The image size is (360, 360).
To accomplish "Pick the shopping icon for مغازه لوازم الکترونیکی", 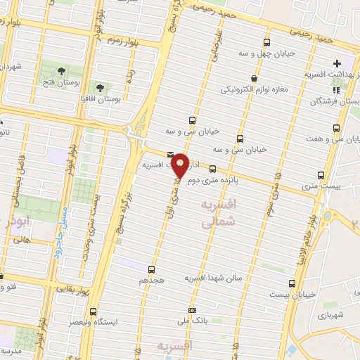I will [x=253, y=78].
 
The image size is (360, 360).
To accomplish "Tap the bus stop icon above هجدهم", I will [x=151, y=269].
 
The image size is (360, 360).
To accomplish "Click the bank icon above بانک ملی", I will [x=193, y=310].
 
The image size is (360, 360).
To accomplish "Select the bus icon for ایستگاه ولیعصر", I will [x=94, y=311].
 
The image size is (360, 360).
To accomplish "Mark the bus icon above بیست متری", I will [x=321, y=174].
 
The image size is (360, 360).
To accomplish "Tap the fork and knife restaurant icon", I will [x=337, y=90].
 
